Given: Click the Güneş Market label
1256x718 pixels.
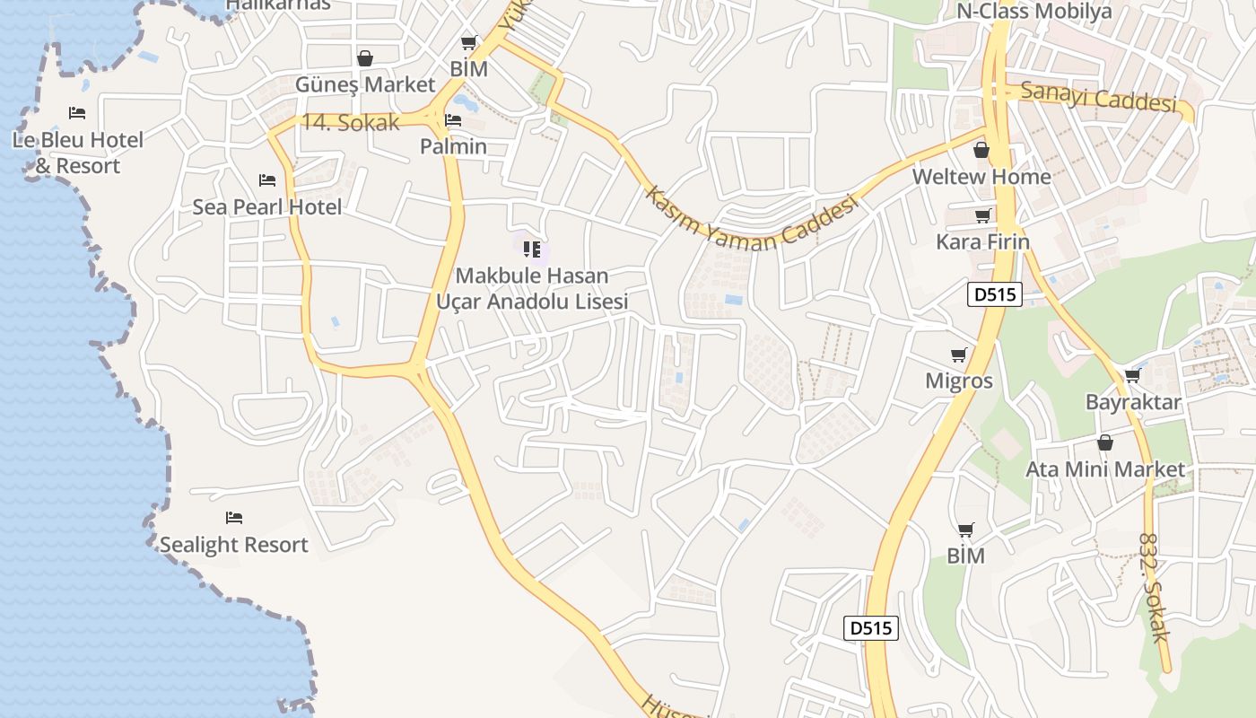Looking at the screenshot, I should click(365, 84).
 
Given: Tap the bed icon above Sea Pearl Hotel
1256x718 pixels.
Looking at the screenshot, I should click(266, 180).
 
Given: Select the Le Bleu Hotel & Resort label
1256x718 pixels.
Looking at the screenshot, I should click(78, 153).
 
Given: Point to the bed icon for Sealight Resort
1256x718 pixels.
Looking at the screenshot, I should click(234, 518).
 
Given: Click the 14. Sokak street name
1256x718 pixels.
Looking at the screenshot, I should click(350, 123).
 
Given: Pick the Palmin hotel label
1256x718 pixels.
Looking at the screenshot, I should click(454, 146).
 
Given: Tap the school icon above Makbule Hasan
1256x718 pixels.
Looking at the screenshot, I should click(532, 249).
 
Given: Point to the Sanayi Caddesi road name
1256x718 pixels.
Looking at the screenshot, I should click(1098, 96).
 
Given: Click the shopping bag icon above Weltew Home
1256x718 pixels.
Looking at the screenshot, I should click(981, 150).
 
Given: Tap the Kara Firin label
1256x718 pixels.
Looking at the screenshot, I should click(982, 241).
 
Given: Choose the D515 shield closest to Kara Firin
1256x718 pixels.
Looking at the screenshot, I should click(996, 294).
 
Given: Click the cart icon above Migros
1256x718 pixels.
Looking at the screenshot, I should click(959, 355).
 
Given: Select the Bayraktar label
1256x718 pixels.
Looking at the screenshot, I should click(1133, 401).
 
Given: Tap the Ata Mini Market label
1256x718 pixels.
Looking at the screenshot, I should click(1105, 468).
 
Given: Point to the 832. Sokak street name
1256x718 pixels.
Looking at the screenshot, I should click(1154, 588).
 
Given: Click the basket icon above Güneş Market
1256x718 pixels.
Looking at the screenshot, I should click(365, 58).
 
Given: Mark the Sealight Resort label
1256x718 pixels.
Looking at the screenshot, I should click(233, 545).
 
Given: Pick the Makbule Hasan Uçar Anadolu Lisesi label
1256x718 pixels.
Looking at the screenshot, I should click(532, 288).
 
